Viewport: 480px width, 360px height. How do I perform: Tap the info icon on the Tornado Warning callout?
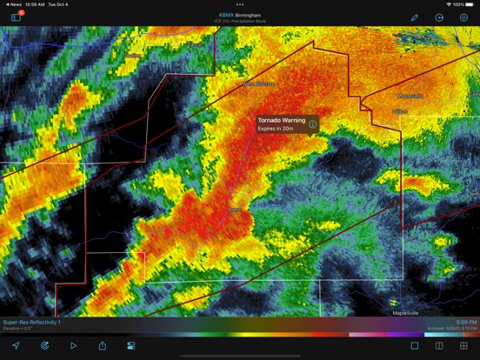click(312, 123)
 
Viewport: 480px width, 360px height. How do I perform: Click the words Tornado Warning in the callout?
click(279, 119)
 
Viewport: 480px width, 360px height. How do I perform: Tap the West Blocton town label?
click(257, 83)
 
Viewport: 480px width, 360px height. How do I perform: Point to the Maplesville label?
click(406, 310)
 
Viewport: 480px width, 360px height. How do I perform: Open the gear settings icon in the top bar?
click(463, 17)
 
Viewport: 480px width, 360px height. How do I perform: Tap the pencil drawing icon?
click(415, 17)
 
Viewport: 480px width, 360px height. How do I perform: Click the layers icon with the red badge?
click(17, 17)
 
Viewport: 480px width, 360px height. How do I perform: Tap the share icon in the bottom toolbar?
click(103, 345)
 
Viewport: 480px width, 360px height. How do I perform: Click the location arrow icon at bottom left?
click(16, 345)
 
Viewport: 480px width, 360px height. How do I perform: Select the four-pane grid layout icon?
click(463, 345)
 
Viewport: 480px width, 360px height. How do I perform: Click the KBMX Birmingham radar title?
click(239, 14)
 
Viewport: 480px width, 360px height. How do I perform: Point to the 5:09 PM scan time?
click(466, 322)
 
